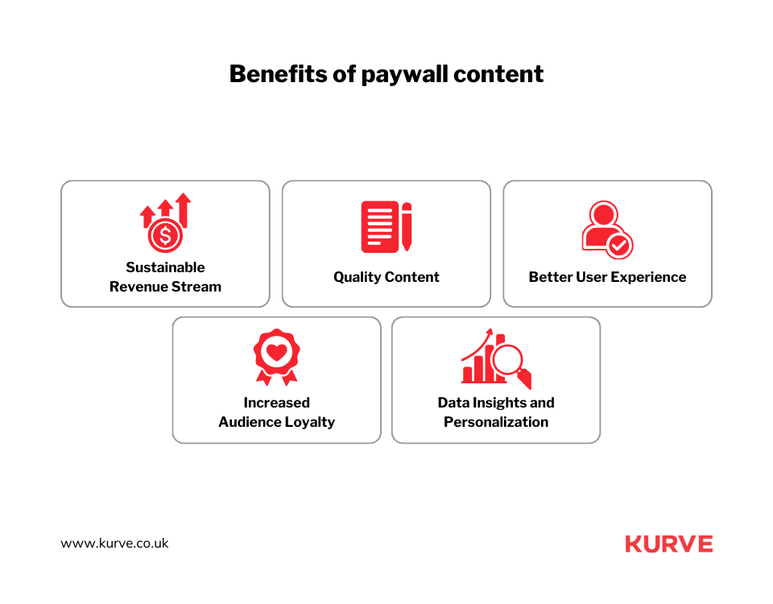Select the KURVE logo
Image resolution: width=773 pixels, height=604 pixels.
[x=669, y=544]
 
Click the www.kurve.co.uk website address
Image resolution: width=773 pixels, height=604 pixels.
[x=114, y=544]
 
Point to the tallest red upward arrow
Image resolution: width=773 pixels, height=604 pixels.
[x=184, y=210]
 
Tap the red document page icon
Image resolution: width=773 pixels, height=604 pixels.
[x=379, y=227]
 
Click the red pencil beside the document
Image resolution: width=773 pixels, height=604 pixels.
[x=407, y=226]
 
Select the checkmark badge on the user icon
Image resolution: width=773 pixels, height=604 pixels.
[x=619, y=245]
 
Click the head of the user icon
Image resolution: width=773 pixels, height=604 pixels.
[x=604, y=214]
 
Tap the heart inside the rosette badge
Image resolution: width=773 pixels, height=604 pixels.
[x=276, y=352]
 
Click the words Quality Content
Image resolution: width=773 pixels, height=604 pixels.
[x=386, y=277]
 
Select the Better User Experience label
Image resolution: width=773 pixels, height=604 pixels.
[x=607, y=277]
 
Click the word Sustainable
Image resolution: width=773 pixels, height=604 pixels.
[x=165, y=267]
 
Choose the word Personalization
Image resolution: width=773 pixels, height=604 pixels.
[x=496, y=422]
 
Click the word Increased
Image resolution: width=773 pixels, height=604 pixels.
[x=276, y=403]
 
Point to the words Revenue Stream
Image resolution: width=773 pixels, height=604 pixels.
[x=165, y=287]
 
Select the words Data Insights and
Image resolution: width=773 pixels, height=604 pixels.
[x=496, y=403]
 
